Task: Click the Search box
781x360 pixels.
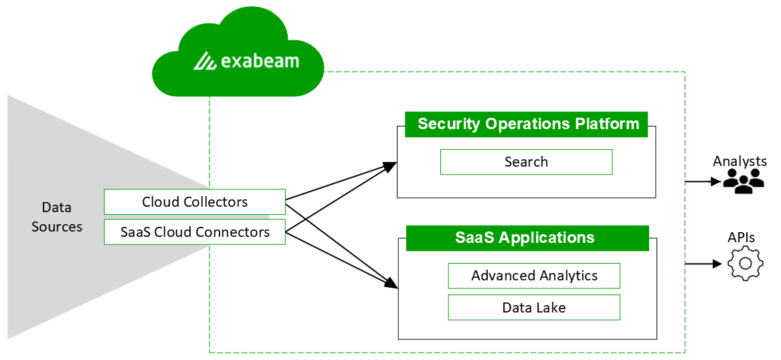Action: point(526,162)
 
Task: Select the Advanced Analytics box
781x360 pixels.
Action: point(534,276)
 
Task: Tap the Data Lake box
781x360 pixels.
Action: point(534,308)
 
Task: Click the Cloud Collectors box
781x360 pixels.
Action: point(195,202)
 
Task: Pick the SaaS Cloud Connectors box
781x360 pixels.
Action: point(195,232)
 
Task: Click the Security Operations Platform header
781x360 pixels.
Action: point(527,124)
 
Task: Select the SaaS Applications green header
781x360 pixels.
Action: point(527,238)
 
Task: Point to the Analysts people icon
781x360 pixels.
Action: point(744,181)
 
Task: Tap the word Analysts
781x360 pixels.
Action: point(740,161)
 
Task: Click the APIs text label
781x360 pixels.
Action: point(741,238)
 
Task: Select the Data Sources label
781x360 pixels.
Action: point(57,217)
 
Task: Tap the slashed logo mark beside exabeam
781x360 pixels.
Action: point(205,62)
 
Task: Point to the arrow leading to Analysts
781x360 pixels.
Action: point(703,181)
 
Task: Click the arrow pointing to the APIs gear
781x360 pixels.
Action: point(703,264)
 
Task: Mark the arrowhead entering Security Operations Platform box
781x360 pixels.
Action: point(390,165)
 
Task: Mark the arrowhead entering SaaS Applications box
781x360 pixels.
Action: point(391,286)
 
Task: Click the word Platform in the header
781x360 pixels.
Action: point(607,124)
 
